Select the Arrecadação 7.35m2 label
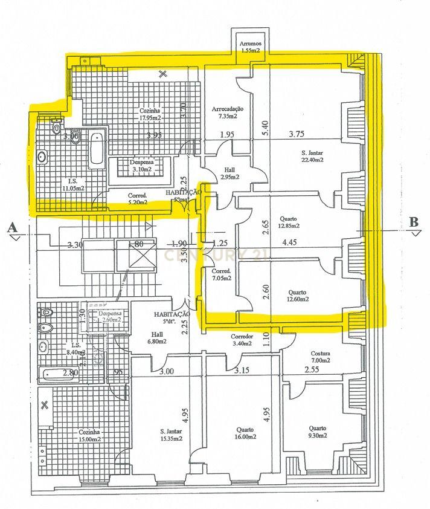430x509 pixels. coord(228,112)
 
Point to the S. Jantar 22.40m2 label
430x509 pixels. coord(312,156)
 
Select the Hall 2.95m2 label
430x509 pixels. coord(229,173)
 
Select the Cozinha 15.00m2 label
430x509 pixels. coord(89,436)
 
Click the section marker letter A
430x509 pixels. coord(11,227)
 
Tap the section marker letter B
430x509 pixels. coord(414,222)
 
